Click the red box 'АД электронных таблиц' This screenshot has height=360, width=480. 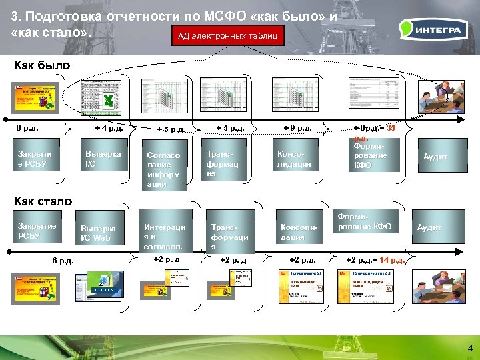(228, 35)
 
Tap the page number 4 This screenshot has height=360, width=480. (470, 348)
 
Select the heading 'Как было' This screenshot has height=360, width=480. (41, 65)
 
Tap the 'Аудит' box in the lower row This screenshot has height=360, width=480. (429, 227)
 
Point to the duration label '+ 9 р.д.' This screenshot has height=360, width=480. (297, 127)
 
